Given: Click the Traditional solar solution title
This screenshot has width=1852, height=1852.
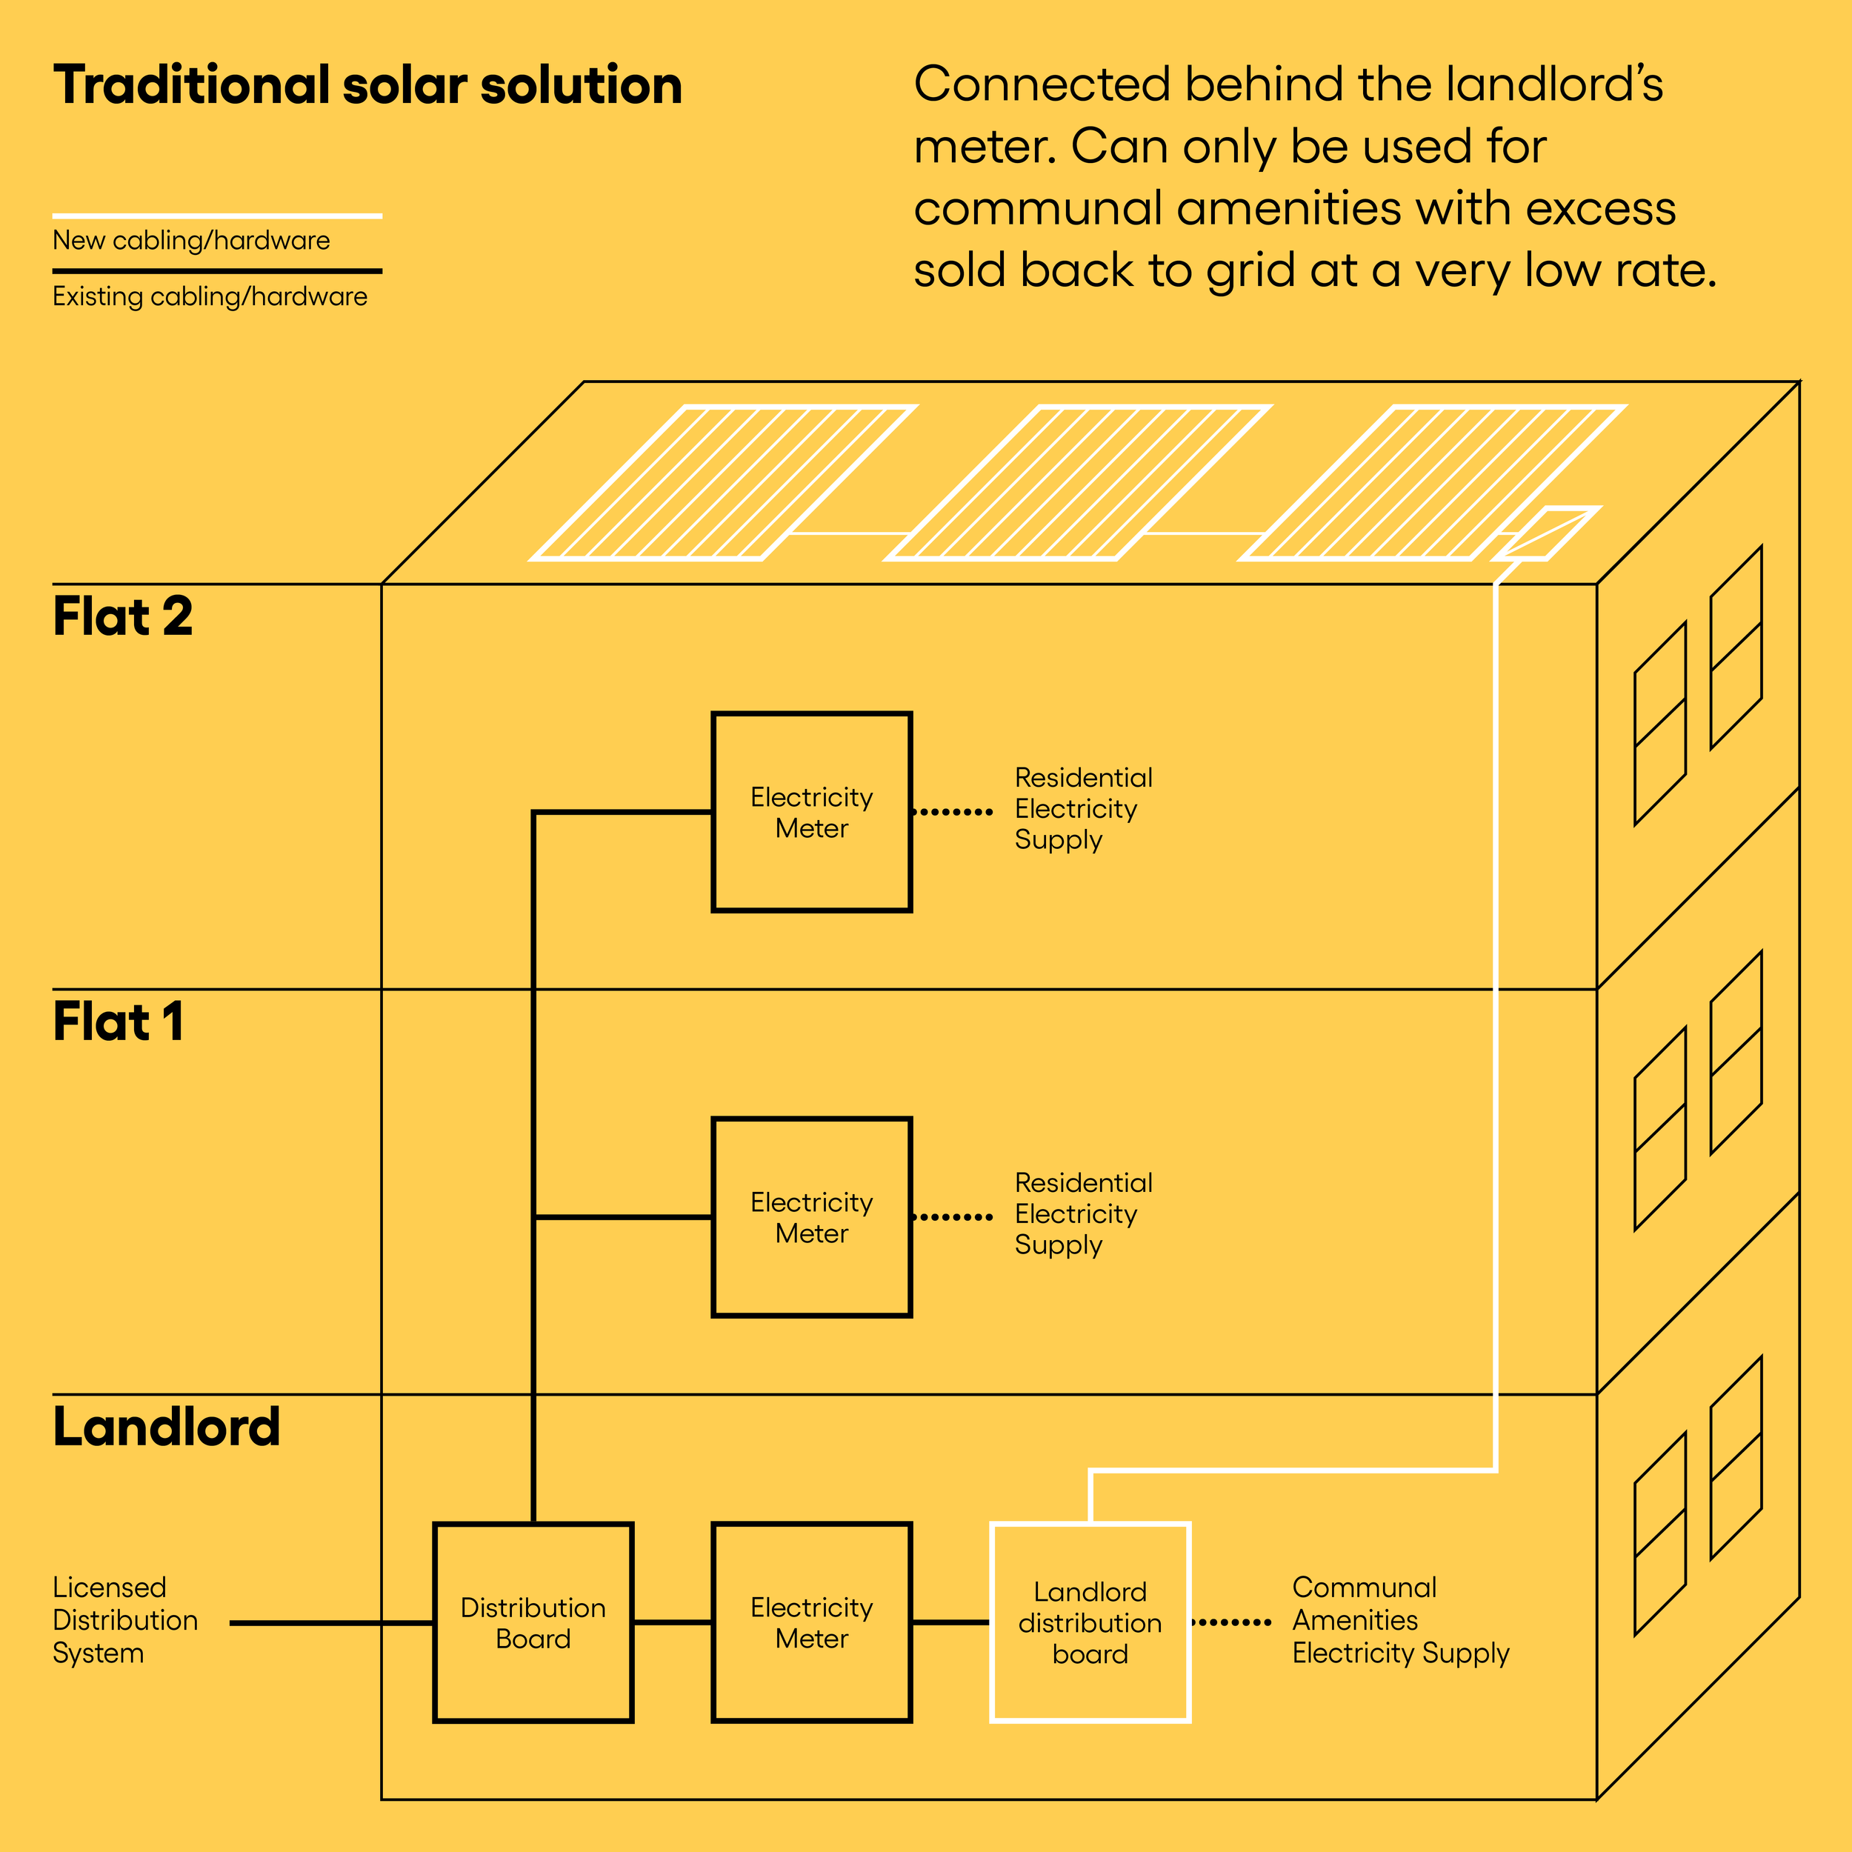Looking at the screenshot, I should click(x=367, y=85).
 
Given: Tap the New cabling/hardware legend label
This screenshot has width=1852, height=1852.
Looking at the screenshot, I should click(x=191, y=241).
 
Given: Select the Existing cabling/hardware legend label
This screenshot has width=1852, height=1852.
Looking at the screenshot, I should click(x=210, y=296).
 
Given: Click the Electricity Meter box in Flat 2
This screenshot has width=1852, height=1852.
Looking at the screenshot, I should click(x=811, y=812).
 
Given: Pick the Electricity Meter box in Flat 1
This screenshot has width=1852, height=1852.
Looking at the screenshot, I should click(x=811, y=1216).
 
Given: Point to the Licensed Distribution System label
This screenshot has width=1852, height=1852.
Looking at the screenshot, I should click(x=124, y=1620).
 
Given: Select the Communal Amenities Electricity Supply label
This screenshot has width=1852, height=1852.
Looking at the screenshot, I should click(x=1399, y=1620).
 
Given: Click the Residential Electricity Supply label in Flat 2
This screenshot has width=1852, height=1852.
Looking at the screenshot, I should click(x=1083, y=808).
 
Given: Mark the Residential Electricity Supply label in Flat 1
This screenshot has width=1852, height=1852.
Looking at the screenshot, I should click(x=1083, y=1213).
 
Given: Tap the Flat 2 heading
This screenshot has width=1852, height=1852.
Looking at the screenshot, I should click(x=123, y=616).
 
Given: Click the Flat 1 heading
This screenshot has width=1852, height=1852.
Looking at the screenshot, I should click(x=118, y=1022).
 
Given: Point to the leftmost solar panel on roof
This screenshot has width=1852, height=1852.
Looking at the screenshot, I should click(x=724, y=482).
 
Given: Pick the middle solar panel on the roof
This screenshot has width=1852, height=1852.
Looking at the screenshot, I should click(x=1079, y=482).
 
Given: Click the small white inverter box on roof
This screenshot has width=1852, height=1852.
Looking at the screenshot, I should click(x=1545, y=533).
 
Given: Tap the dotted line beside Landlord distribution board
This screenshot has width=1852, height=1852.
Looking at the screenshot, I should click(x=1230, y=1623).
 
